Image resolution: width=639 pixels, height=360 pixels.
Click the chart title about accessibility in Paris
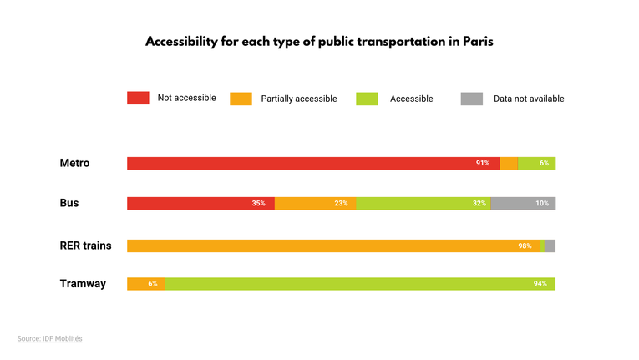point(319,42)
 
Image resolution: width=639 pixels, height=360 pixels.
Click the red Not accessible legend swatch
point(138,98)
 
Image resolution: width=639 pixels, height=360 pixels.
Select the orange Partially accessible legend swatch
point(241,99)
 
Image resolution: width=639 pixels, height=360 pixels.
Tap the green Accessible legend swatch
point(367,99)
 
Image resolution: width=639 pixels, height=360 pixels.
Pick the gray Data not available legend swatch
point(471,99)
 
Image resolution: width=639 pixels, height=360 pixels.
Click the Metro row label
point(74,163)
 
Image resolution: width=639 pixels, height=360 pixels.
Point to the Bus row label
point(69,203)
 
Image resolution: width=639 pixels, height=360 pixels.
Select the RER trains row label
point(85,246)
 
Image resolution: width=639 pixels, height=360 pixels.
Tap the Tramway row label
point(83,284)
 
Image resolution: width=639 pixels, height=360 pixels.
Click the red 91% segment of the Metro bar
point(313,163)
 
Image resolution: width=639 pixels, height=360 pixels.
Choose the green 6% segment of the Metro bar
point(536,163)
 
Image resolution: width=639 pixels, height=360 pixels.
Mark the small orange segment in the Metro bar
point(508,163)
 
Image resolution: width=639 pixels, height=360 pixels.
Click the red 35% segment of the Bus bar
point(200,203)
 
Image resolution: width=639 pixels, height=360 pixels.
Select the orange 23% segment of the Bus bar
point(315,203)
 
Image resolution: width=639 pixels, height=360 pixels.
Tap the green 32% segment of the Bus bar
point(423,203)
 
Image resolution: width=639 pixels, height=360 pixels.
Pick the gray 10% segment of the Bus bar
point(523,203)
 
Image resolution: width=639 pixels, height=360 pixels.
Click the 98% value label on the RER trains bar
point(525,246)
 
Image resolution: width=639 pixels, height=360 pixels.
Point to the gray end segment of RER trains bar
point(550,246)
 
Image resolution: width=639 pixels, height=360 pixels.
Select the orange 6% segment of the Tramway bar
point(146,284)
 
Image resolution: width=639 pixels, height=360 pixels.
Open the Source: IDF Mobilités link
point(49,338)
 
